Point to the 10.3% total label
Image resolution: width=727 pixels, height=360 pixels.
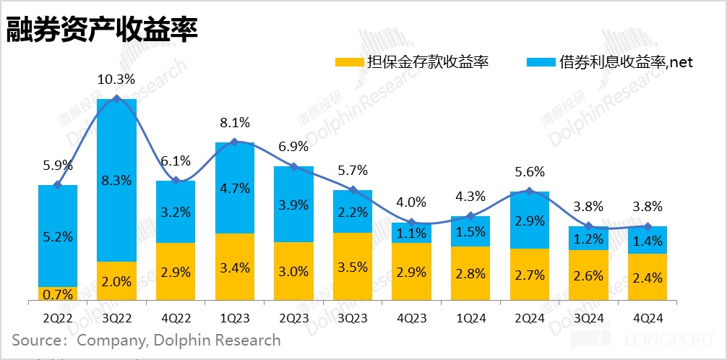pyautogui.click(x=116, y=80)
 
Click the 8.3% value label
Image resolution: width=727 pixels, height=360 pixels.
pyautogui.click(x=116, y=181)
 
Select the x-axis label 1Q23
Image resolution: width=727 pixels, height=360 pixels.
pyautogui.click(x=234, y=319)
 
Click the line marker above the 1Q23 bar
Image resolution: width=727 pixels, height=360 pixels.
pyautogui.click(x=234, y=142)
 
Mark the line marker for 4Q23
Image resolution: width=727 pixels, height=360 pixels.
pyautogui.click(x=411, y=223)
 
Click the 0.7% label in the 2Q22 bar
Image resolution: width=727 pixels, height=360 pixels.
pyautogui.click(x=57, y=293)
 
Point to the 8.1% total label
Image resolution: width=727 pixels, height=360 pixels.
pyautogui.click(x=234, y=122)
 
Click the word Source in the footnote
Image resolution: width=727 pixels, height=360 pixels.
pyautogui.click(x=35, y=340)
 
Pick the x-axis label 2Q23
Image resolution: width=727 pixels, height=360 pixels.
pyautogui.click(x=293, y=319)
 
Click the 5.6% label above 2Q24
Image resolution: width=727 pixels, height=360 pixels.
pyautogui.click(x=529, y=172)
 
